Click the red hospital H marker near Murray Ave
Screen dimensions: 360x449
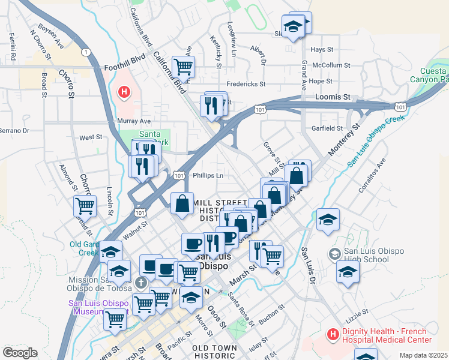pos(124,92)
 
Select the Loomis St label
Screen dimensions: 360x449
pos(333,97)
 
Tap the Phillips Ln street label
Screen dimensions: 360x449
pos(208,176)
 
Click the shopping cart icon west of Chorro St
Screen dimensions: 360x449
pos(85,206)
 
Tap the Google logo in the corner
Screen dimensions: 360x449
pos(20,353)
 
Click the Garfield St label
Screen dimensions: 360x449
pos(327,128)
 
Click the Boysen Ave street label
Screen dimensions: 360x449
pos(51,28)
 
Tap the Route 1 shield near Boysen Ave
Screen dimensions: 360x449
pos(88,53)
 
